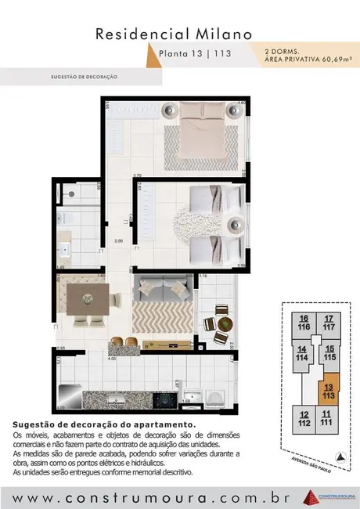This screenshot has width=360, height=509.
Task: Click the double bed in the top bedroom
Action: [x=200, y=137]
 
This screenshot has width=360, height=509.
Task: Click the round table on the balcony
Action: [x=223, y=323]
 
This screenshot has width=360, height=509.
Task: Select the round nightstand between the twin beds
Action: [x=235, y=227]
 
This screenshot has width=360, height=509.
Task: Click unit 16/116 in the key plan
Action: [x=304, y=322]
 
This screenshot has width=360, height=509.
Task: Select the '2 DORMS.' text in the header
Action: [x=283, y=50]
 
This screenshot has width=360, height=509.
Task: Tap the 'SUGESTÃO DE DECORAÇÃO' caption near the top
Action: [x=83, y=77]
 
